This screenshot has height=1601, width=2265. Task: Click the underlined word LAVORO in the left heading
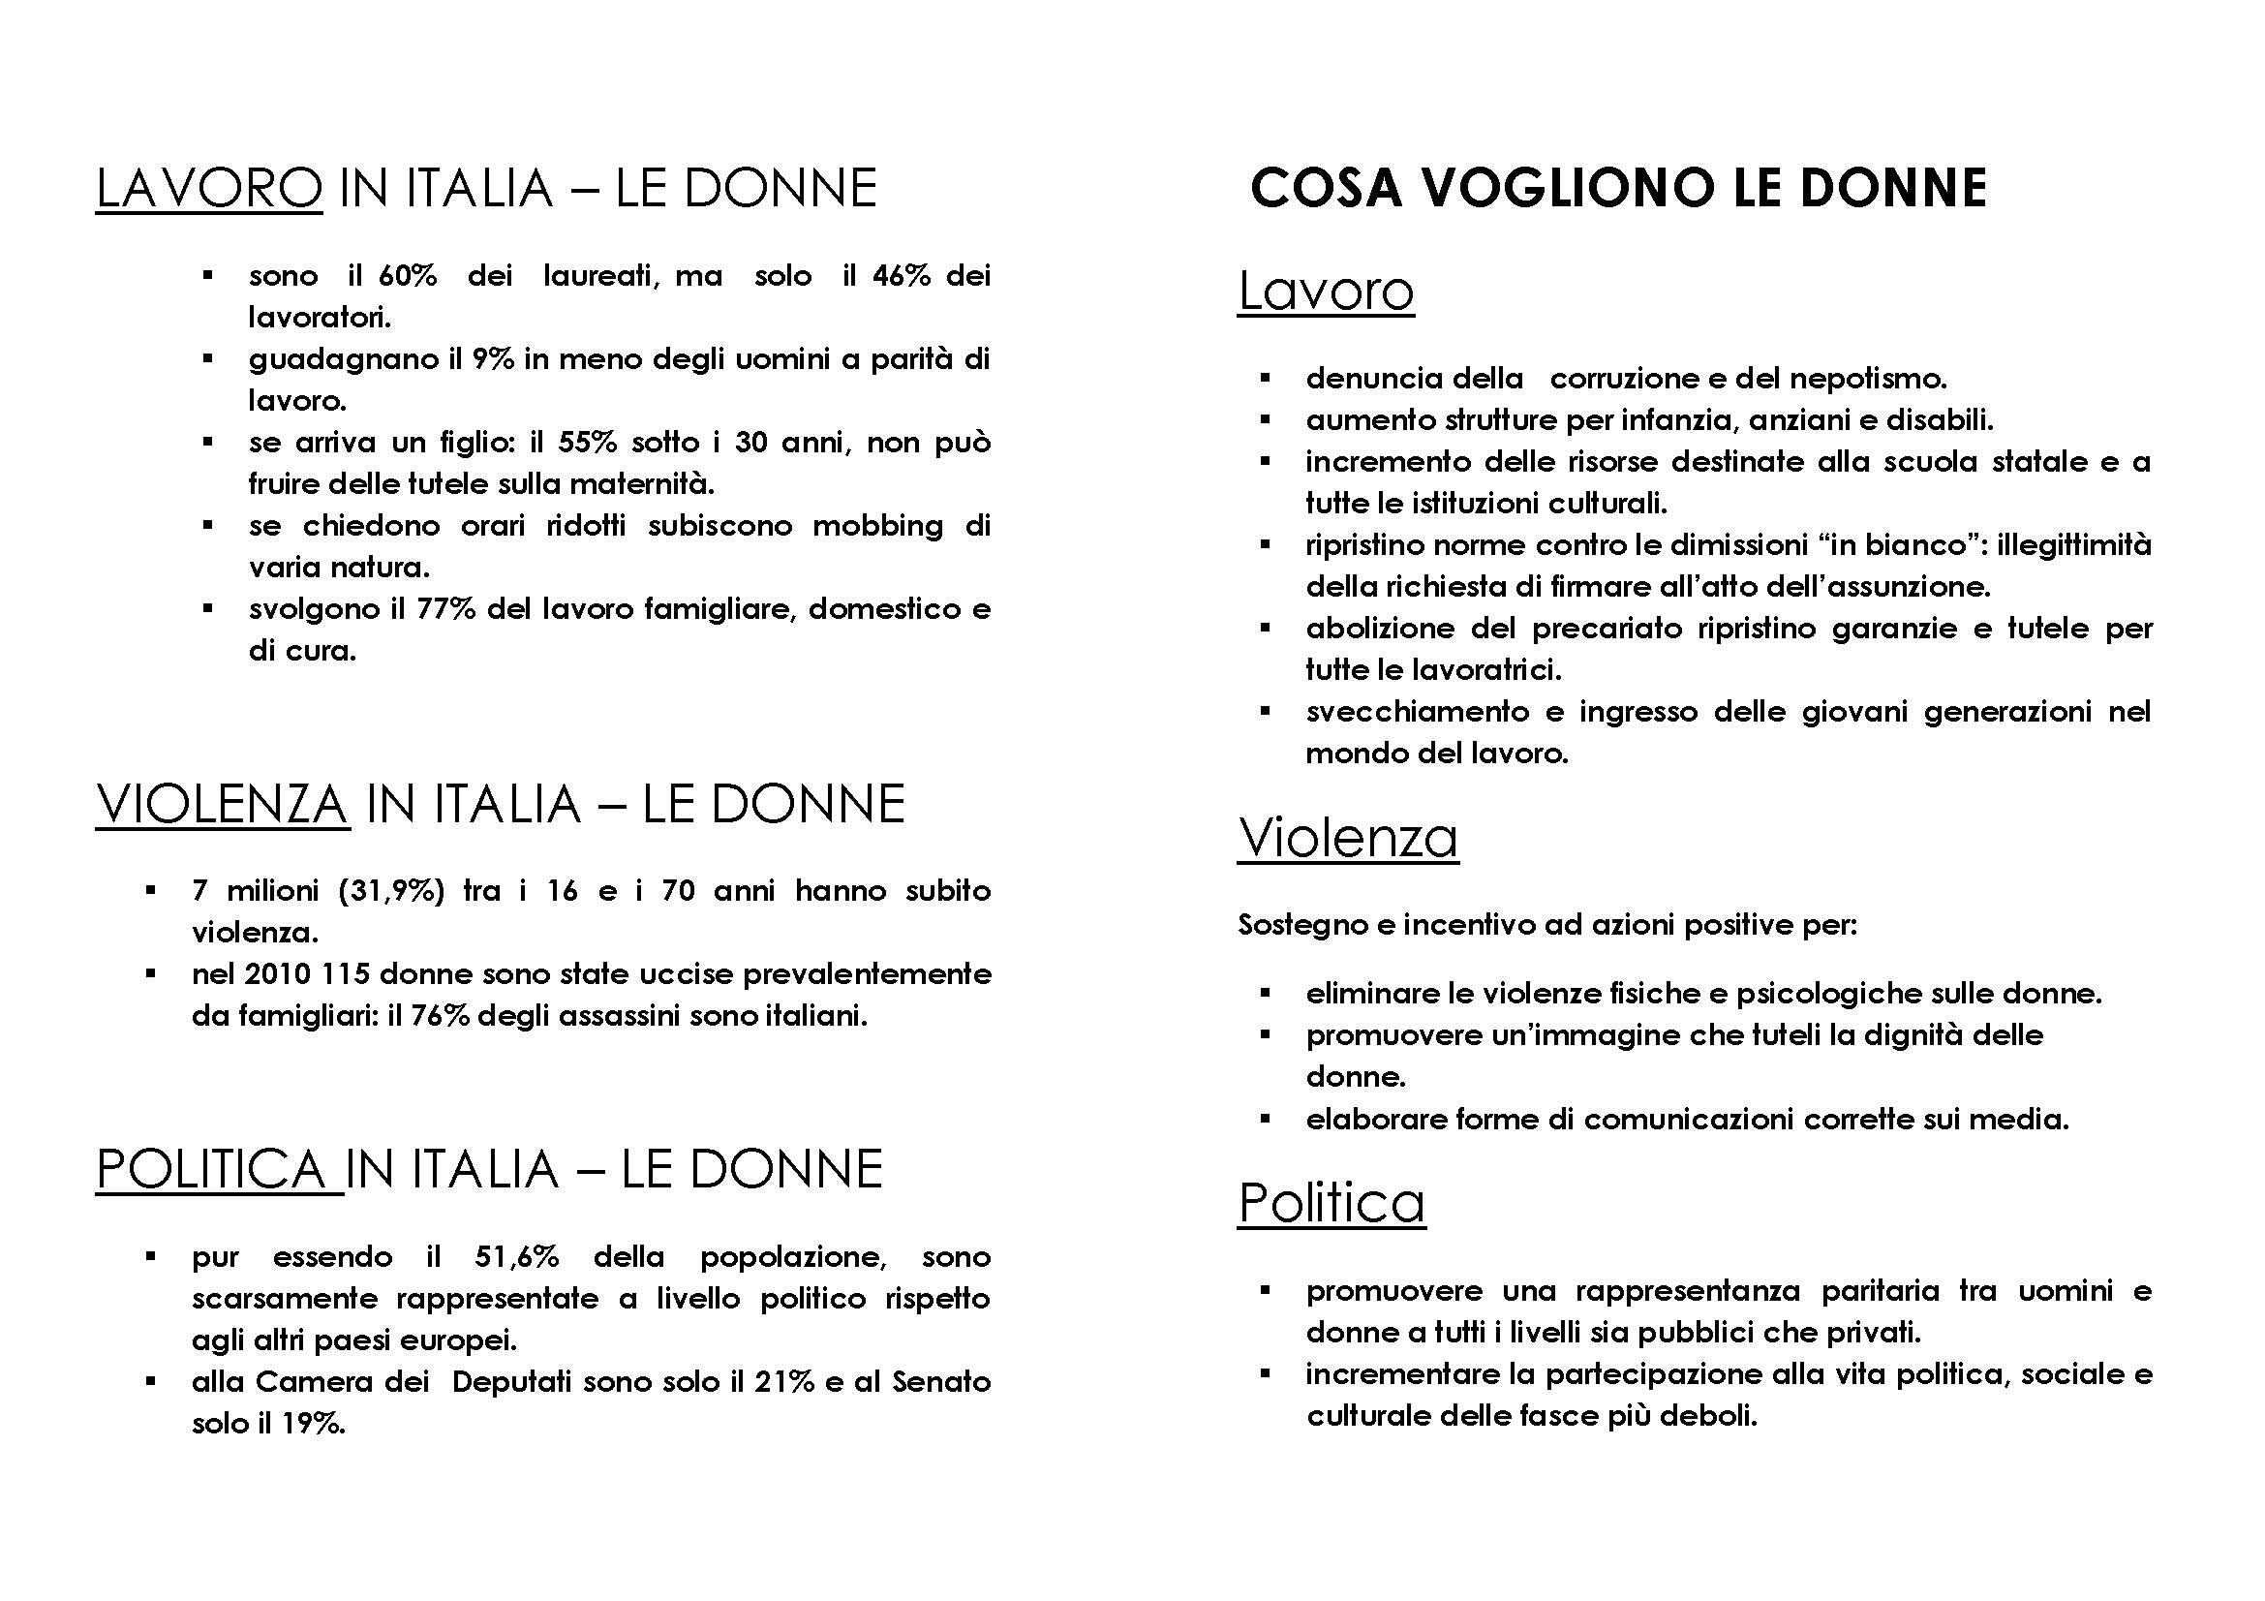click(208, 188)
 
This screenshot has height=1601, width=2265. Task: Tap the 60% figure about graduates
click(408, 275)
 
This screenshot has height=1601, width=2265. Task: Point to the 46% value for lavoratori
click(901, 275)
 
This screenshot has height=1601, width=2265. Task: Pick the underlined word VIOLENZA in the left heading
click(222, 803)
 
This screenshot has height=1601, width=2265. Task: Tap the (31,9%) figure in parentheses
click(391, 891)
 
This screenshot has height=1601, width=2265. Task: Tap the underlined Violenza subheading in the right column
click(1348, 838)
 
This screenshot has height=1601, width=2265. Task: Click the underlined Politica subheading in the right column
click(1331, 1203)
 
